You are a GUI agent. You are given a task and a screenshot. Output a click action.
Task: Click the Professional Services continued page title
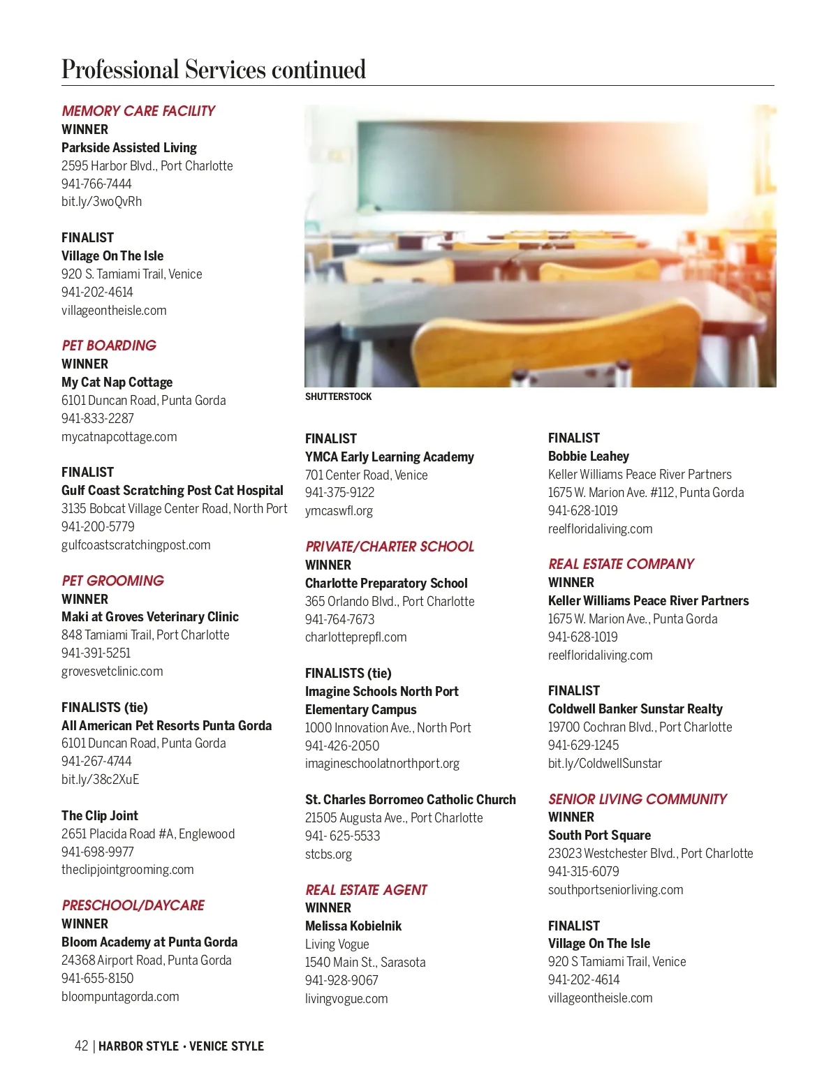(x=214, y=70)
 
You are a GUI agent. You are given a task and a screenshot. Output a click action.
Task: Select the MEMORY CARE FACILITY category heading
(x=138, y=111)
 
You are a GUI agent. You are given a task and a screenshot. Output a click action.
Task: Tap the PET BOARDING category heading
(x=109, y=346)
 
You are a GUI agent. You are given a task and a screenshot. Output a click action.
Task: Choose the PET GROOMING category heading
(x=113, y=581)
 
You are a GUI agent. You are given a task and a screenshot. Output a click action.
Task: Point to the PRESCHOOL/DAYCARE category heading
(x=133, y=905)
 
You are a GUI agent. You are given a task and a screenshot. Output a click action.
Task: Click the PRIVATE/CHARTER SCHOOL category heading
(x=390, y=547)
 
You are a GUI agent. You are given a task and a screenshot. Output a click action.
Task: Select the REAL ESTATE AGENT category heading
(x=366, y=890)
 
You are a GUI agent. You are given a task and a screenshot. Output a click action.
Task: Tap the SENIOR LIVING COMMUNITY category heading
(x=638, y=799)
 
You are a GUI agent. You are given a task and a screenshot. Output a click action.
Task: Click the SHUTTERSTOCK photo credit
(x=339, y=396)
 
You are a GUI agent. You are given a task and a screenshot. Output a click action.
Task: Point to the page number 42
(x=82, y=1046)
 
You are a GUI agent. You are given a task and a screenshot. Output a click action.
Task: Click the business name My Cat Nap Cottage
(x=117, y=382)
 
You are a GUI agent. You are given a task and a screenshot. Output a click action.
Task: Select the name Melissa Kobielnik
(x=353, y=926)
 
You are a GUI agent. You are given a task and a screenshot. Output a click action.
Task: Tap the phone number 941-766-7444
(x=96, y=184)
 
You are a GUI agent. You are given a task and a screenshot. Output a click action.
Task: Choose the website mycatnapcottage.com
(x=119, y=436)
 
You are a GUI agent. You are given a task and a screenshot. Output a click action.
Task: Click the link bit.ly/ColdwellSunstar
(x=605, y=763)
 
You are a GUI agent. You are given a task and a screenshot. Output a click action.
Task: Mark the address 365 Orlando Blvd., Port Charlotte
(x=390, y=601)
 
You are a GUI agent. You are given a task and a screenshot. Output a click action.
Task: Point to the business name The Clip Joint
(x=100, y=815)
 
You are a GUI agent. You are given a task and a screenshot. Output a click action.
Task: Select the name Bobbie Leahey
(x=589, y=456)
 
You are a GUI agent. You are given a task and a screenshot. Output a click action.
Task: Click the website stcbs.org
(x=328, y=854)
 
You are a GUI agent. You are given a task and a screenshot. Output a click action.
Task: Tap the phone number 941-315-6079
(x=584, y=871)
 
